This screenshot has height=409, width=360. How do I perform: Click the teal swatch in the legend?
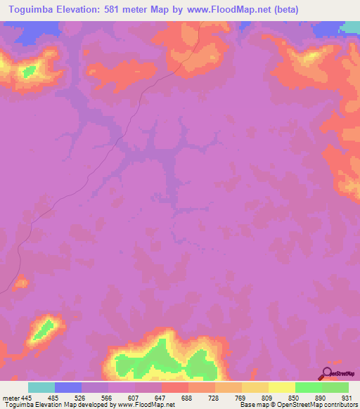click(x=41, y=388)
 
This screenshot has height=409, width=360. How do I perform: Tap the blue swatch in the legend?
click(x=68, y=388)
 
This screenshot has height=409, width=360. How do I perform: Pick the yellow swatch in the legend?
click(x=282, y=388)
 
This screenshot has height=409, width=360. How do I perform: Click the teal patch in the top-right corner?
click(x=351, y=27)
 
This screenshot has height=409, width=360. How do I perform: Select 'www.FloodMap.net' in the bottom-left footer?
click(x=145, y=405)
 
